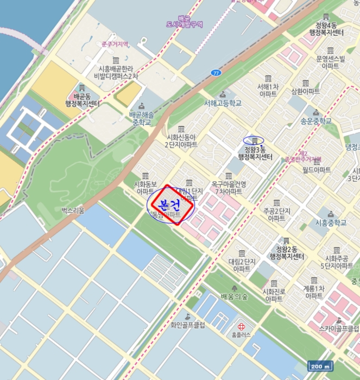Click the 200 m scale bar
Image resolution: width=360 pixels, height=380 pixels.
tap(320, 366)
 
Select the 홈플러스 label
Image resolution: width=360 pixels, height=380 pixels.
tap(241, 335)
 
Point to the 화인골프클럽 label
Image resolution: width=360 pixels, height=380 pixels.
tap(187, 325)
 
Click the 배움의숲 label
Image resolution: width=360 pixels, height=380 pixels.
tap(234, 296)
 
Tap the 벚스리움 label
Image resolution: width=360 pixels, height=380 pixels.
tap(73, 210)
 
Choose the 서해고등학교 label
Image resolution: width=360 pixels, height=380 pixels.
tap(223, 103)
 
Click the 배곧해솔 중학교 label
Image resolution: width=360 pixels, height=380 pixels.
tap(142, 118)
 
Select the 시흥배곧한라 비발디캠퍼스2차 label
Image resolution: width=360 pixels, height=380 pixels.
tap(116, 72)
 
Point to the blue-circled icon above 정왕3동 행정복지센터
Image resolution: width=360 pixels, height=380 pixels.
tap(254, 141)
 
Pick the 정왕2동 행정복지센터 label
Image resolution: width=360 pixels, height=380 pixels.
tap(285, 252)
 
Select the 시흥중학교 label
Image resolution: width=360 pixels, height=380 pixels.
tap(331, 222)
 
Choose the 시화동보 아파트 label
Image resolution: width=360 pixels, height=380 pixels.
tap(145, 187)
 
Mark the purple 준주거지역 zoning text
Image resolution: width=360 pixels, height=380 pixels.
tap(115, 44)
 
